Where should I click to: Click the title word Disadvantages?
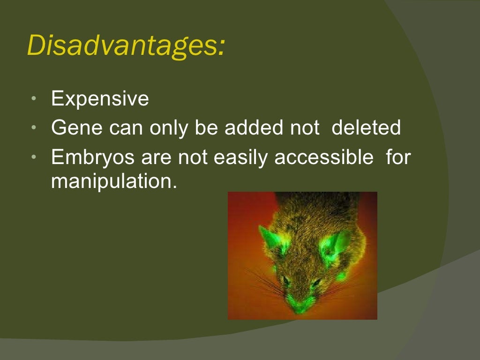pos(123,46)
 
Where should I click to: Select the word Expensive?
pos(100,99)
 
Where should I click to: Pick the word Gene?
pos(77,128)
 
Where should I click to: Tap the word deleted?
pos(366,128)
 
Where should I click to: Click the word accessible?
pos(324,158)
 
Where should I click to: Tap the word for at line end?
pos(398,158)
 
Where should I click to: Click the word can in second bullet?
pos(127,128)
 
